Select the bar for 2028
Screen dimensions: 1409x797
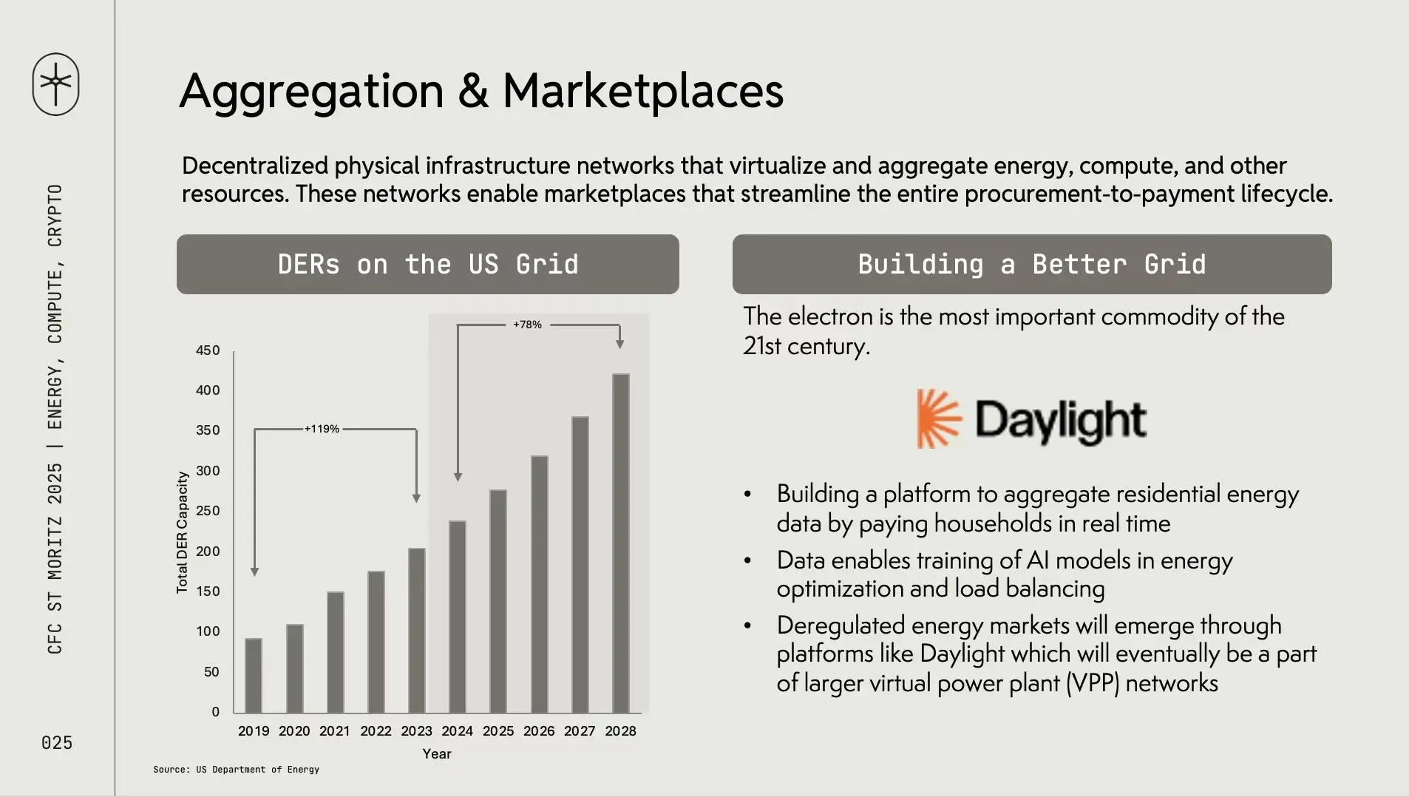[620, 543]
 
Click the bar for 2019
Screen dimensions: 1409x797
[254, 676]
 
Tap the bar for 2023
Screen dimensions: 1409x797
[417, 631]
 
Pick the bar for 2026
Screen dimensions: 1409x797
[540, 585]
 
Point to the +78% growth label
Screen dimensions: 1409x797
[527, 325]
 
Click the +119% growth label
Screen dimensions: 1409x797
[322, 429]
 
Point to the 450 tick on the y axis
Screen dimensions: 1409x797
[208, 350]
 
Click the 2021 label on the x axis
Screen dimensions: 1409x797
[335, 731]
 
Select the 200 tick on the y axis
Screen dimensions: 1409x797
[208, 552]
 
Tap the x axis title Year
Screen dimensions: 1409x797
[437, 754]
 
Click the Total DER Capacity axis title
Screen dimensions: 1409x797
[182, 532]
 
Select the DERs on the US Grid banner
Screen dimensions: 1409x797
[428, 264]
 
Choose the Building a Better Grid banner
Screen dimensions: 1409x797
[1032, 264]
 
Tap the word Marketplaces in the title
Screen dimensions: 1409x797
[643, 91]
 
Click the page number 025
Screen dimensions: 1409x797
[57, 743]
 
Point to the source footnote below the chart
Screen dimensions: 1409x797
[237, 770]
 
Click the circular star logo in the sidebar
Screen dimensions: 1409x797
[56, 84]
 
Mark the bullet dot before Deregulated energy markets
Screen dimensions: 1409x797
[748, 625]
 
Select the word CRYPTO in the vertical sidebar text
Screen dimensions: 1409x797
[55, 215]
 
